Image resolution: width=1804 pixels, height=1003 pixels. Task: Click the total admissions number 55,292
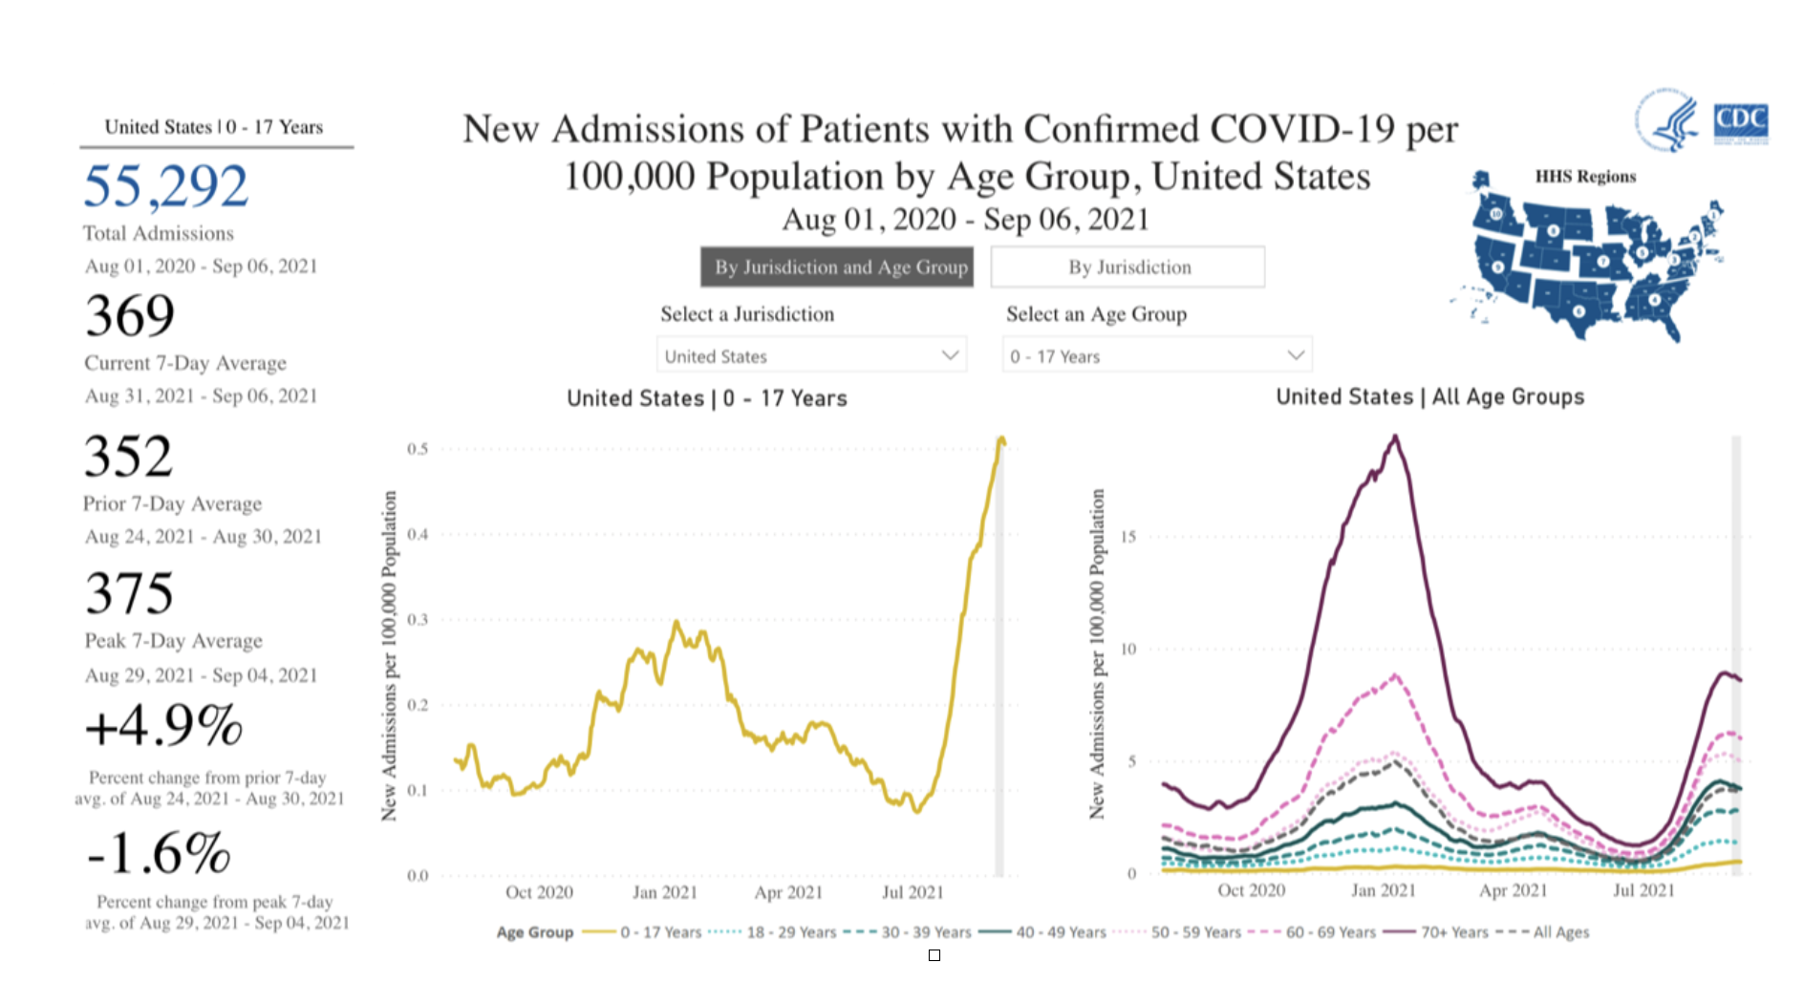(x=165, y=186)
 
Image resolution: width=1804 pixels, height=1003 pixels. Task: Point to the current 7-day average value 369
(x=130, y=316)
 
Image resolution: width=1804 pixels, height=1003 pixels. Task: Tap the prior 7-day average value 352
(x=128, y=457)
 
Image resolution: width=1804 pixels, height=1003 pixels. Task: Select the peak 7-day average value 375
(x=129, y=594)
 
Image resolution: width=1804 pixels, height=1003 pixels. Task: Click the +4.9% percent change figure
(x=163, y=726)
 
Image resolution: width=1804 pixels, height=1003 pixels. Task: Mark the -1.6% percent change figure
(x=159, y=853)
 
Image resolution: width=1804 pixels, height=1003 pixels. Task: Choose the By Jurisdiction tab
(x=1127, y=267)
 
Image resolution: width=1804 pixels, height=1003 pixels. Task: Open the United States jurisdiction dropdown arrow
(x=950, y=355)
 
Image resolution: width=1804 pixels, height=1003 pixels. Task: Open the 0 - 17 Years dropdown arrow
(x=1296, y=355)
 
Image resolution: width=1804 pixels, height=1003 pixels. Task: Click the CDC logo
(x=1740, y=122)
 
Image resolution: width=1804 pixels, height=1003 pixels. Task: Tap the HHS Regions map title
(x=1585, y=177)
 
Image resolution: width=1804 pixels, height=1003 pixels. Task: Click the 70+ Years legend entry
(x=1453, y=932)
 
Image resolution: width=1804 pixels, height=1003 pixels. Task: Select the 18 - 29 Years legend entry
(x=790, y=932)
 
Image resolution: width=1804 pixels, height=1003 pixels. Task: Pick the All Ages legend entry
(x=1560, y=932)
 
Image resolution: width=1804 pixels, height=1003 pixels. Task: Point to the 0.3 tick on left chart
(x=418, y=619)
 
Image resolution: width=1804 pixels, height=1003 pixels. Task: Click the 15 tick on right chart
(x=1128, y=537)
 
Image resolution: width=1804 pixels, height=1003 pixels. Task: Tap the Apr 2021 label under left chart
(x=788, y=892)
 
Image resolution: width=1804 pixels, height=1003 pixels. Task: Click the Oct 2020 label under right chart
(x=1251, y=890)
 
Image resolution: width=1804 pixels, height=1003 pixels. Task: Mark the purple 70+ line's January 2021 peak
(x=1396, y=437)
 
